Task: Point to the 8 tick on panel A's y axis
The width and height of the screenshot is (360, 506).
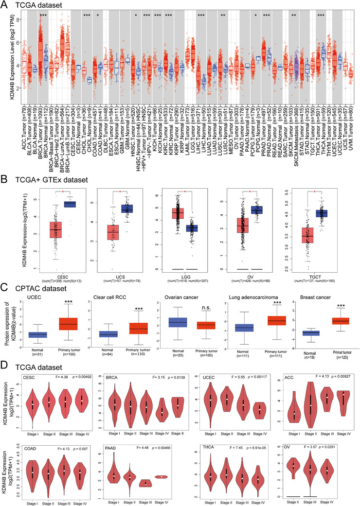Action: coord(17,20)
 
